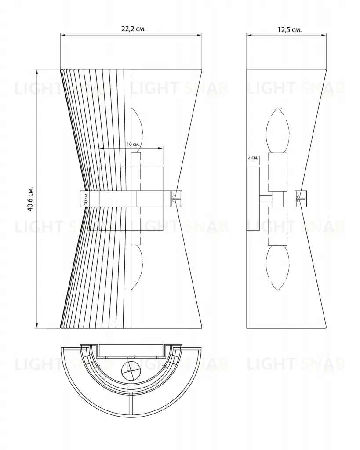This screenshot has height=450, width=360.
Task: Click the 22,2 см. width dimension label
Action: pyautogui.click(x=134, y=29)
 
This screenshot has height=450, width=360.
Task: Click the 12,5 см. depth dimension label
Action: pyautogui.click(x=289, y=29)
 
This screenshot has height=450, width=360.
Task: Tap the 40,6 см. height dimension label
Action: pyautogui.click(x=30, y=199)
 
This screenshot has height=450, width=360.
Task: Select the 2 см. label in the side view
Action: pyautogui.click(x=253, y=158)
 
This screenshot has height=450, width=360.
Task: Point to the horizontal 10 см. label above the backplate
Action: pyautogui.click(x=133, y=144)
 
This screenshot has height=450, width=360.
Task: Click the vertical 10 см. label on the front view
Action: pyautogui.click(x=86, y=198)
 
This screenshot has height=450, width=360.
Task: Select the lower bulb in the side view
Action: pyautogui.click(x=277, y=268)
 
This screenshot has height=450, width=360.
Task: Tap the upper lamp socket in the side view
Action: pyautogui.click(x=278, y=172)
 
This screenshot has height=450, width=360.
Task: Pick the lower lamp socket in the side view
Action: pyautogui.click(x=278, y=226)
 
